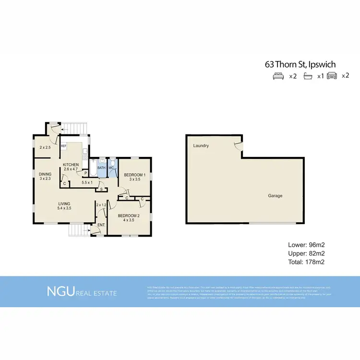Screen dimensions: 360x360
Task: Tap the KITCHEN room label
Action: [71, 165]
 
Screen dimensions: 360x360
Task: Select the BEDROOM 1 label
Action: [134, 175]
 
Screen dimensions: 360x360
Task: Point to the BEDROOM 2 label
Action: [128, 216]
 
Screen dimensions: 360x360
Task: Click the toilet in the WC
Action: [111, 162]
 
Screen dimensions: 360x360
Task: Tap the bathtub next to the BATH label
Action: [93, 168]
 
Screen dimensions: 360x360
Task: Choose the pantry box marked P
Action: [85, 173]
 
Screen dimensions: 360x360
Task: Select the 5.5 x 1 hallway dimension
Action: [87, 182]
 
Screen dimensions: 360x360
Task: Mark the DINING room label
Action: [45, 174]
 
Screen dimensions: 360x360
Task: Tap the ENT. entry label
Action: [101, 225]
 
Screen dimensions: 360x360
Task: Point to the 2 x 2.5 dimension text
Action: [45, 147]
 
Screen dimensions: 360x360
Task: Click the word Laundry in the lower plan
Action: [201, 145]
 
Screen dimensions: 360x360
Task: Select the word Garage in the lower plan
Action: [275, 196]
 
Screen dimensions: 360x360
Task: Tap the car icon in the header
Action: [331, 76]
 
